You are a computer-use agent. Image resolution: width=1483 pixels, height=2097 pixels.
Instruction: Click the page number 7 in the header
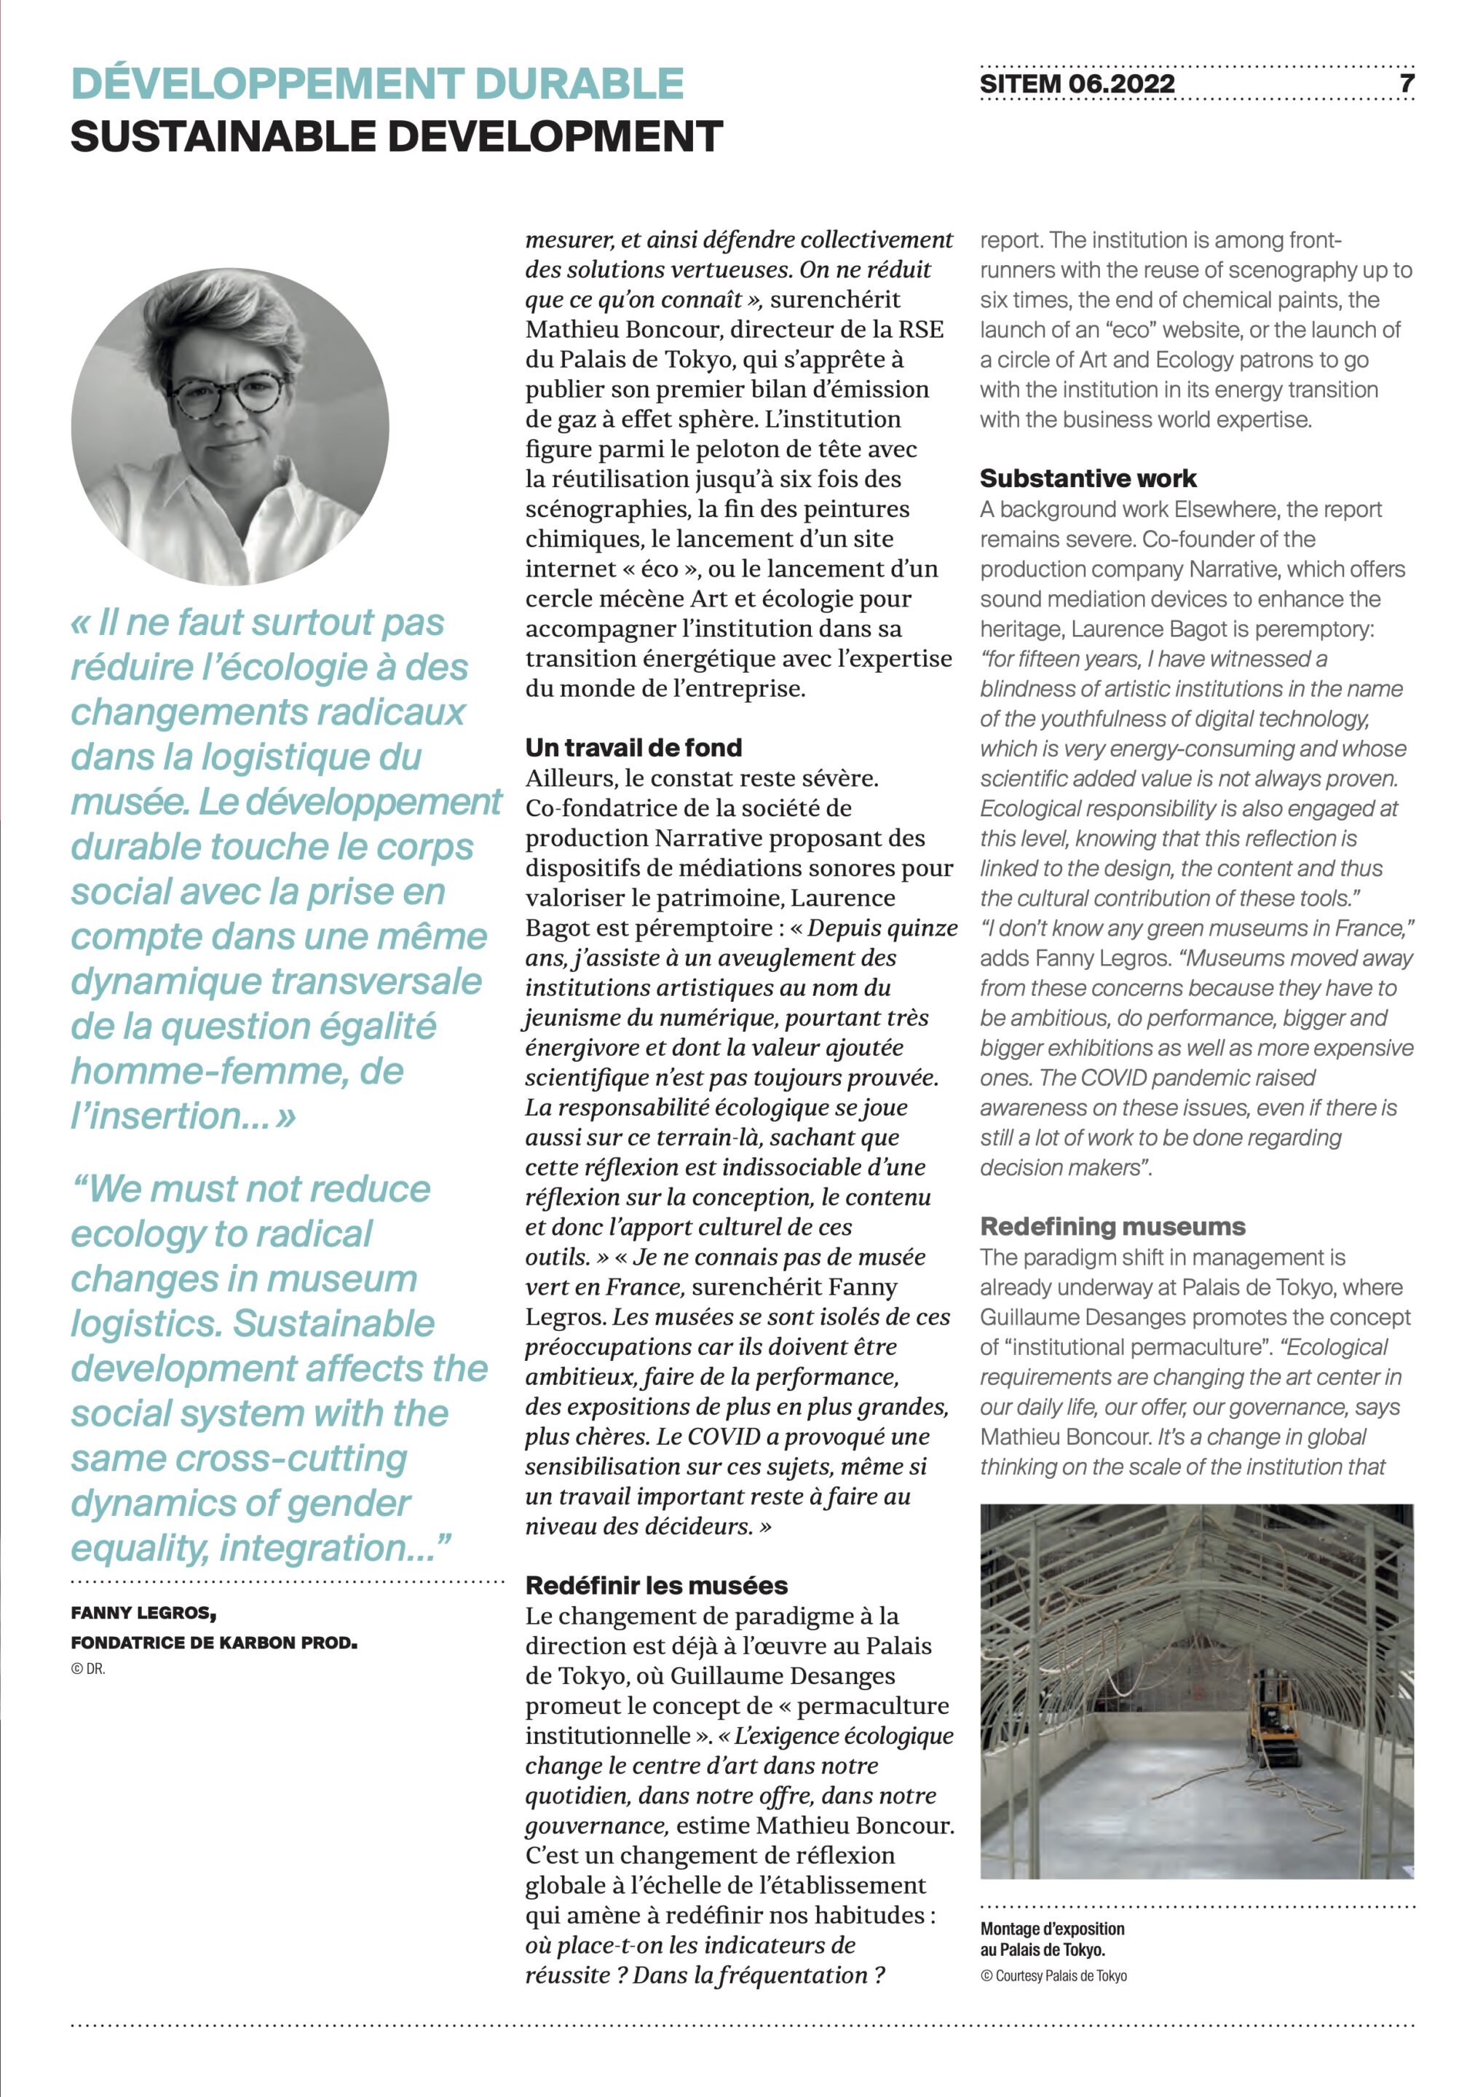[x=1407, y=83]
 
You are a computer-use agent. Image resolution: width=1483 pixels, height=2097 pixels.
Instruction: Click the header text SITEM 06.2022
[x=1077, y=84]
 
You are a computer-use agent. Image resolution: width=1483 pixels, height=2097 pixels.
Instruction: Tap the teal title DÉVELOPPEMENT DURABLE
[x=377, y=83]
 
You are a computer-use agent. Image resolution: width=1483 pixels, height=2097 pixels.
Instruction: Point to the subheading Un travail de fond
[x=633, y=748]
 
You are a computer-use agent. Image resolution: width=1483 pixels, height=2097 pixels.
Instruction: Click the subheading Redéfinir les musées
[x=656, y=1586]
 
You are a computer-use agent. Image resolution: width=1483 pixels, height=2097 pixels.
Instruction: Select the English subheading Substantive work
[x=1088, y=478]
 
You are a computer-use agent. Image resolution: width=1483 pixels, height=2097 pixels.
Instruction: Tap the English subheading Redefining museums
[x=1112, y=1227]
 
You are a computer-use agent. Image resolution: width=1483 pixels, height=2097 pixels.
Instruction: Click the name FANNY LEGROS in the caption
[x=143, y=1614]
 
